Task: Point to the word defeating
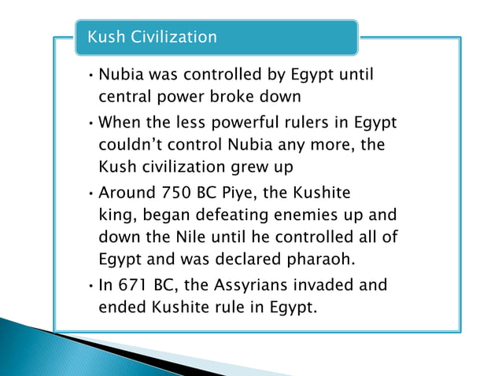(x=231, y=216)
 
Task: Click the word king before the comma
(x=115, y=216)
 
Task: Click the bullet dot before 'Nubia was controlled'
(x=91, y=77)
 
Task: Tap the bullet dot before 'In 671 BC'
(x=91, y=285)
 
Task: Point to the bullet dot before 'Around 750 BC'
(x=91, y=194)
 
